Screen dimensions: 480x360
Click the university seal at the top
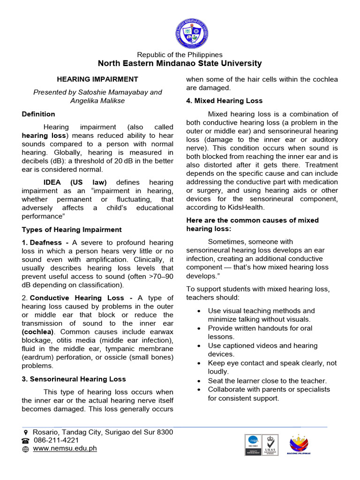click(192, 33)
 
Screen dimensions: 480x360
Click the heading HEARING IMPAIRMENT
click(97, 80)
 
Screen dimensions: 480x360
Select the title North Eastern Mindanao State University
click(180, 63)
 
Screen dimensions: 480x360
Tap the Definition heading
click(38, 114)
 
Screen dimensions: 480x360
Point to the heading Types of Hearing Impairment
click(72, 230)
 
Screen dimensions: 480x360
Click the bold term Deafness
click(45, 242)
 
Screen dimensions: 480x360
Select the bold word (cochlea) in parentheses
click(39, 332)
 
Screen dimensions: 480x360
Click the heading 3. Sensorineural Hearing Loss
click(74, 379)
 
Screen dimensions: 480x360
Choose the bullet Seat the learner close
click(267, 381)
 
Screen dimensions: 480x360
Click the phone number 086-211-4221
click(56, 440)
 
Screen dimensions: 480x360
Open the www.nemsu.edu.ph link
click(65, 448)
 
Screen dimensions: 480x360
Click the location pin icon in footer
click(26, 432)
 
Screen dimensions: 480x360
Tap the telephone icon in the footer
click(25, 441)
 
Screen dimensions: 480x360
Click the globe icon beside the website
click(25, 449)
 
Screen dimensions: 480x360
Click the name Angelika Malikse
click(97, 101)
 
